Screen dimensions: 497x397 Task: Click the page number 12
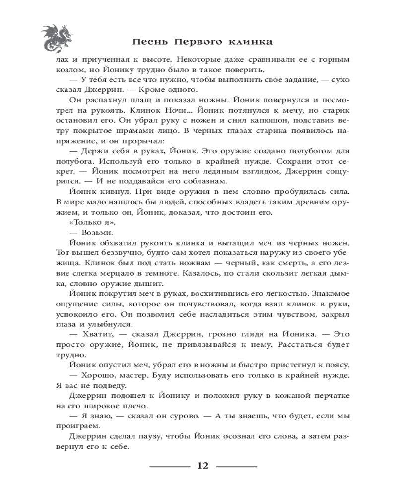[203, 466]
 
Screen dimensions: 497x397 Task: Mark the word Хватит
[95, 334]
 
